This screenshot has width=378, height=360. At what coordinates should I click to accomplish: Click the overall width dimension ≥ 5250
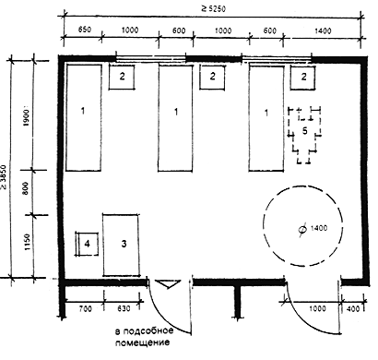point(213,8)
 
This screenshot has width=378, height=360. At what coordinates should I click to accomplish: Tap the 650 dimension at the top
point(85,30)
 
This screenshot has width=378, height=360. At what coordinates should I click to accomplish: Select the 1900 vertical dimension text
point(26,117)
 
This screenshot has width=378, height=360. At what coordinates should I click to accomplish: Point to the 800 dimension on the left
point(26,188)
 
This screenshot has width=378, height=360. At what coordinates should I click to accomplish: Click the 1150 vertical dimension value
point(28,242)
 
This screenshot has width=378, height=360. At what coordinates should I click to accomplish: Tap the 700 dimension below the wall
point(85,308)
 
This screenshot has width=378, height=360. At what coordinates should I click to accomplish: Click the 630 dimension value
point(124,308)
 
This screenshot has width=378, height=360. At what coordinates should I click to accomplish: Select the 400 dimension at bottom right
point(352,308)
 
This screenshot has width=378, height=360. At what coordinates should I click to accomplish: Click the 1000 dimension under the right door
point(317,308)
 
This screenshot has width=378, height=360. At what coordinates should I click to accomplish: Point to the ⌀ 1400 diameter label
point(313,229)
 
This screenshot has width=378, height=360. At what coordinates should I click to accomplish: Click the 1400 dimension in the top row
point(323,30)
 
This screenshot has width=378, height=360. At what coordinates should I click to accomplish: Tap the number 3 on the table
point(124,244)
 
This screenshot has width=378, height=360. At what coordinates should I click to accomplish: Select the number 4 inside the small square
point(88,244)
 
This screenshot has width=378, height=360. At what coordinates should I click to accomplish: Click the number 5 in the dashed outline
point(304,131)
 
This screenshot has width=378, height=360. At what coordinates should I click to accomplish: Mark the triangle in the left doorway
point(168,284)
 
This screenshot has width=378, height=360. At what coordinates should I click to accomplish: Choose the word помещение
point(142,342)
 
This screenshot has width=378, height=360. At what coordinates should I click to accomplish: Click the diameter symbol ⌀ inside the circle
point(303,230)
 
